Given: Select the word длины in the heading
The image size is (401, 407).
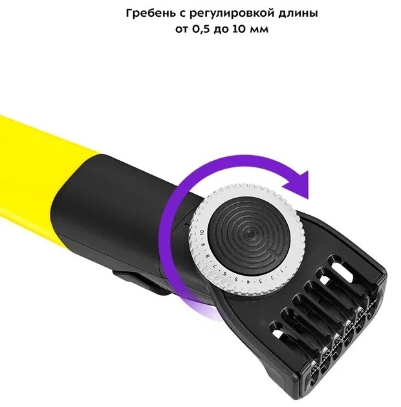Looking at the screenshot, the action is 298,14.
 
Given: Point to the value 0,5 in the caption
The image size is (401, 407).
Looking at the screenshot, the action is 201,29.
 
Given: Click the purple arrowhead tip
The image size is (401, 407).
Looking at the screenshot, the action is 308,200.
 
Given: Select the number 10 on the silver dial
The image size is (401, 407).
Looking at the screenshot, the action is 202,233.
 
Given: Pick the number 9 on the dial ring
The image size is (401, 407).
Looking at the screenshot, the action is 204,245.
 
